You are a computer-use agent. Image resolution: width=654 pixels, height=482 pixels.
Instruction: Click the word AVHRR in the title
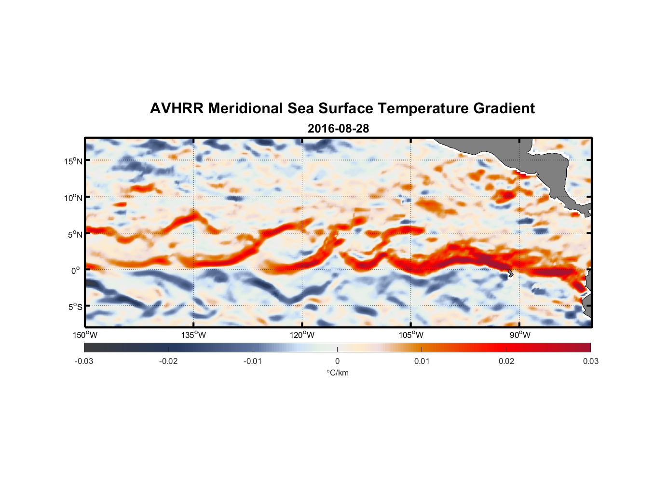coord(177,108)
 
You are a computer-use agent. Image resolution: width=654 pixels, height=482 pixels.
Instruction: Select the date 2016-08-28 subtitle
coord(338,128)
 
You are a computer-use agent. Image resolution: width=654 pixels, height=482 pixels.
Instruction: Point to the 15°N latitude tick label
coord(73,161)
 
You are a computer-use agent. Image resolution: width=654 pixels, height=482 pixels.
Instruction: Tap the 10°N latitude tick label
coord(73,198)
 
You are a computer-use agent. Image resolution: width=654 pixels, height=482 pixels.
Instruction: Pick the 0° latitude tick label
coord(76,270)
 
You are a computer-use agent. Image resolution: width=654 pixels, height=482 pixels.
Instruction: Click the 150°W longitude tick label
coord(85,335)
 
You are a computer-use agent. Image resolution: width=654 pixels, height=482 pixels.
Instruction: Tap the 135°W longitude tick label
coord(193,335)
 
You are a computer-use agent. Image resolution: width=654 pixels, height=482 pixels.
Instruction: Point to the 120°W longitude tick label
coord(302,335)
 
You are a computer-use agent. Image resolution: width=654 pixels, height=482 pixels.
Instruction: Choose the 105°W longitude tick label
coord(411,335)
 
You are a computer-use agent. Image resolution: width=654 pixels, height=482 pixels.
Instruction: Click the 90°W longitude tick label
coord(520,335)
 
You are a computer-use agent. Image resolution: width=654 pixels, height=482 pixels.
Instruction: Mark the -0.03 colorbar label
coord(84,361)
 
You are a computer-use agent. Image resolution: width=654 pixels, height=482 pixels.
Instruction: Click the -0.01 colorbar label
coord(253,361)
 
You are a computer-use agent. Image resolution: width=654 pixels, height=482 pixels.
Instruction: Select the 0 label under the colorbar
coord(337,361)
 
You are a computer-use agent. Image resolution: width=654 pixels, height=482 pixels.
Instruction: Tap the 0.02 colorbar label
coord(506,361)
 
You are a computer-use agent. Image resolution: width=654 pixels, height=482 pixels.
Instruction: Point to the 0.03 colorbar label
coord(590,361)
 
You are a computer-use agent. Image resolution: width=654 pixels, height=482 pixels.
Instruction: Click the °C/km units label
coord(337,373)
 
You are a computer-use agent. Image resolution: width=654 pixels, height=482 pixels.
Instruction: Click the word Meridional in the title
coord(245,108)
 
